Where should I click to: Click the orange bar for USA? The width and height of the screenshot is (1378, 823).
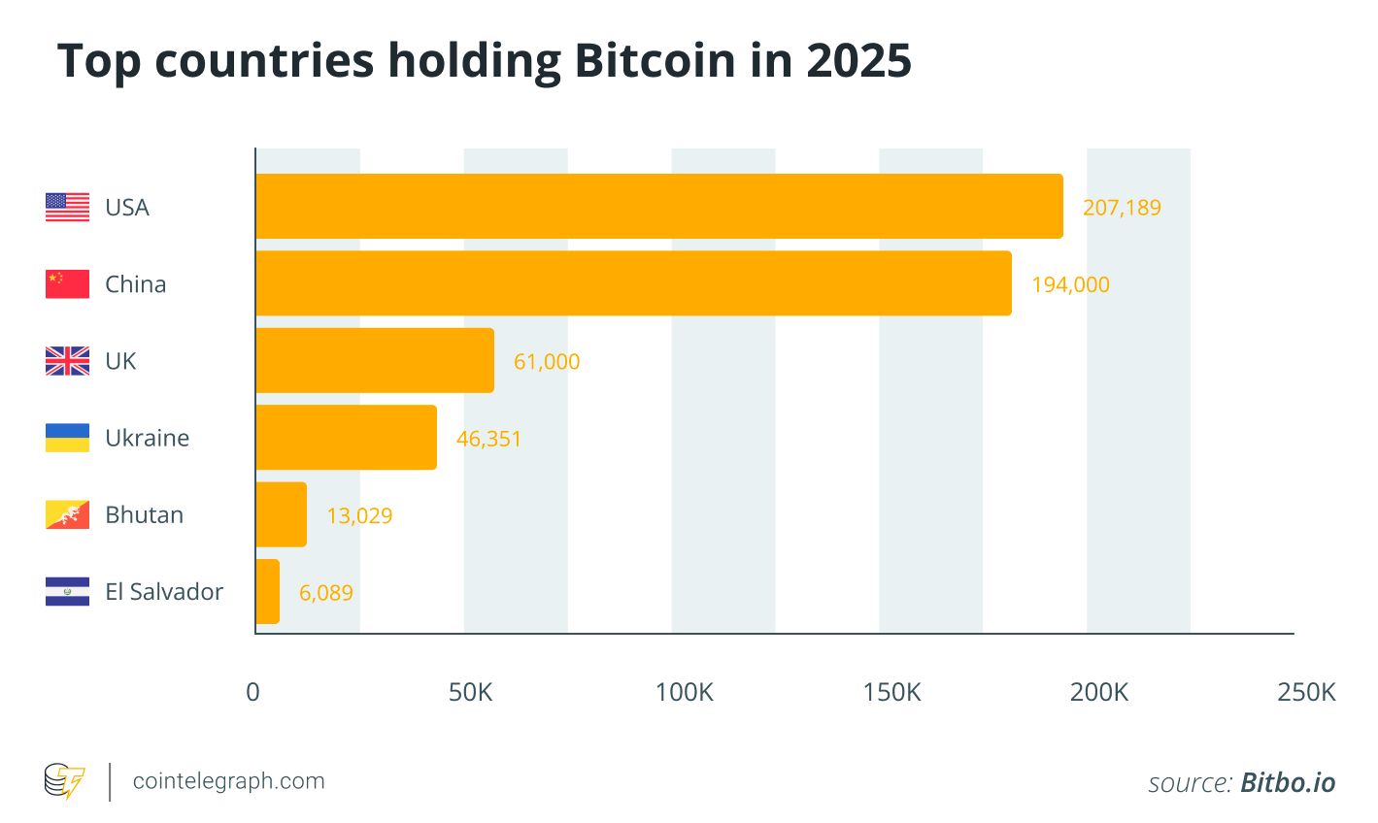(659, 207)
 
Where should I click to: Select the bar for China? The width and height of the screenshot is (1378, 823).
(633, 283)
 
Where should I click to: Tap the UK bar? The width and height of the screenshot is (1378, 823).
(375, 360)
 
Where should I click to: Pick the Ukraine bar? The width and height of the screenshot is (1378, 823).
(347, 438)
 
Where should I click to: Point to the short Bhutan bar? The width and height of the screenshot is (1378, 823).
(282, 514)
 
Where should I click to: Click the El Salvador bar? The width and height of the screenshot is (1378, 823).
(268, 591)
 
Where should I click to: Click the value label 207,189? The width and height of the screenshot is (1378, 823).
(1122, 208)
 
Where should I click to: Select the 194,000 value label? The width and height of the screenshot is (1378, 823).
(1070, 284)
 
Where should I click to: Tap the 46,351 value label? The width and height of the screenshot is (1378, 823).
(488, 439)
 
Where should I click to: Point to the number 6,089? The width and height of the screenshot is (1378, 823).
(326, 592)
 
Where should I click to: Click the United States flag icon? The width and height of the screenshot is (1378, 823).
(67, 207)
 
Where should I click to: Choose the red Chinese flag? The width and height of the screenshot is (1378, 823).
(67, 283)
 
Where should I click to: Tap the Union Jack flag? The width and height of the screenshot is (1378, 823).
(67, 361)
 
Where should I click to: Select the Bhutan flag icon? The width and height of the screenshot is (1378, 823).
(67, 514)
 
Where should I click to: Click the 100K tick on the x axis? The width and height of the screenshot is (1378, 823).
(685, 692)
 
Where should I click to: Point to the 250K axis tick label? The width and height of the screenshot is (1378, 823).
(1307, 692)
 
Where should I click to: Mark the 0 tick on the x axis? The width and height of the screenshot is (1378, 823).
(253, 692)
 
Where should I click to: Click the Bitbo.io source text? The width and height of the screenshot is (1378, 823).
(1288, 783)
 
